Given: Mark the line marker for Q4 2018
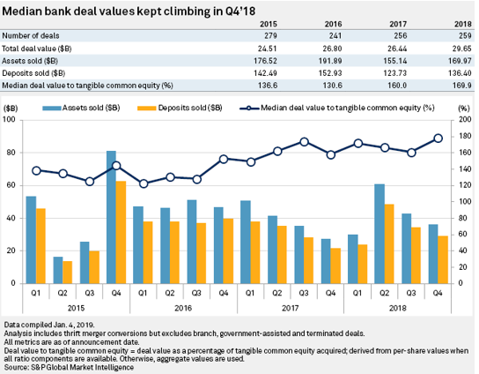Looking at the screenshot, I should [438, 138].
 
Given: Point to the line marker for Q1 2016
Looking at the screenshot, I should [144, 183].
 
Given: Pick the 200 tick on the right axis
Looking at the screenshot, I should [463, 120].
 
